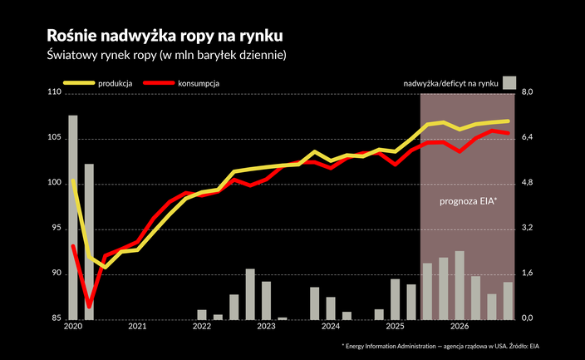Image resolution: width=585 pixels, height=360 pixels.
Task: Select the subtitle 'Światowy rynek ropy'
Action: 167,56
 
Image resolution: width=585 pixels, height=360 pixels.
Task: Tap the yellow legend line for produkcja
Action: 79,83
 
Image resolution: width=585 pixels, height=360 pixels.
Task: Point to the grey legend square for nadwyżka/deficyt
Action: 509,82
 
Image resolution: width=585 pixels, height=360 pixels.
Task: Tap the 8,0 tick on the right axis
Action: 530,92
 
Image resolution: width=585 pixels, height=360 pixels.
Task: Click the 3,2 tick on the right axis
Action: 530,228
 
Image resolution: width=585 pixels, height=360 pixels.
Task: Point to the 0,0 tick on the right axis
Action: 530,318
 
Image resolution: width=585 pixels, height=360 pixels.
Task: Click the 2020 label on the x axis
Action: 72,327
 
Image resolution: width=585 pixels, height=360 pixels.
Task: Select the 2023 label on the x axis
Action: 266,327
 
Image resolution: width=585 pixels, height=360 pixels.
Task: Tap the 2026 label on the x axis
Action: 460,327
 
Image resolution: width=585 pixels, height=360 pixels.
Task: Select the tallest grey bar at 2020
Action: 73,216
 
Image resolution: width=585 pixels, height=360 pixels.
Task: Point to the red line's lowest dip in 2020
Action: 89,306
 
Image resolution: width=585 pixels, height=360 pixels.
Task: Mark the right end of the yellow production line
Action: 508,121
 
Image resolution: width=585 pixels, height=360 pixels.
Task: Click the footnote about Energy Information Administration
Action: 446,345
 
